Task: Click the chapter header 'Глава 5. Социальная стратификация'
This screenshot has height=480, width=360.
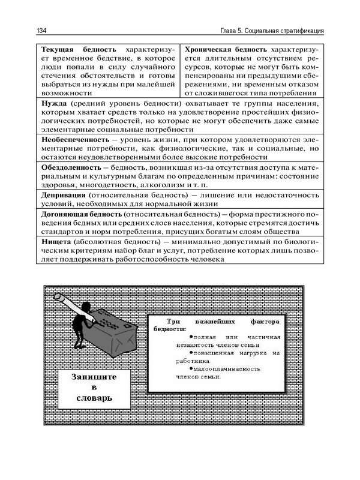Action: [272, 31]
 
